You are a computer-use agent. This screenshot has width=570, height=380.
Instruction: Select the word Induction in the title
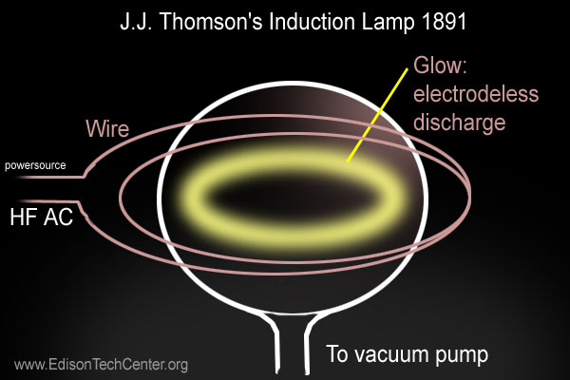[x=313, y=22]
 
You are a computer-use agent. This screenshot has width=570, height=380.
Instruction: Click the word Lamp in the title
[x=389, y=24]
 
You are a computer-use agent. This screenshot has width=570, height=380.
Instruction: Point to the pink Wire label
[x=107, y=128]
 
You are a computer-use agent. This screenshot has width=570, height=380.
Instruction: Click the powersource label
[x=35, y=165]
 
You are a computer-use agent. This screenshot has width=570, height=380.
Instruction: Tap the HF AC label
[x=42, y=217]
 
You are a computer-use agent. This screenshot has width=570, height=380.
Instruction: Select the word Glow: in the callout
[x=440, y=66]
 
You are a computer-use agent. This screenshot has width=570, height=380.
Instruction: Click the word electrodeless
[x=476, y=93]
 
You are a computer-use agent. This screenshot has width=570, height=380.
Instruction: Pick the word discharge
[x=460, y=123]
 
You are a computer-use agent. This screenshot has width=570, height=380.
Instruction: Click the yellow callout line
[x=377, y=115]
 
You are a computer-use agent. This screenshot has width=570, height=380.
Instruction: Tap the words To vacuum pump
[x=408, y=353]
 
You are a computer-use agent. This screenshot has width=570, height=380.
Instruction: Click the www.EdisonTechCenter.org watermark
[x=101, y=365]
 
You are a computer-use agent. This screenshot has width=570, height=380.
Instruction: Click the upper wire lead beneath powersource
[x=51, y=177]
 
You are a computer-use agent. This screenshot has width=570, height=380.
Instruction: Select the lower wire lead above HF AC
[x=49, y=201]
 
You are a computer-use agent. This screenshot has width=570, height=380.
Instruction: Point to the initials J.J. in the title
[x=137, y=22]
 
